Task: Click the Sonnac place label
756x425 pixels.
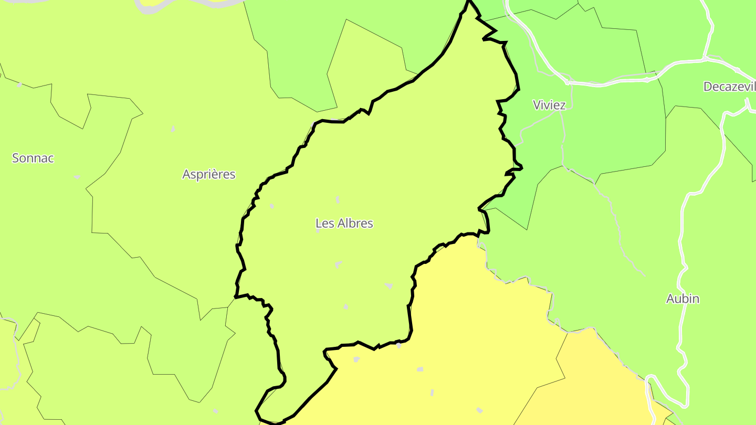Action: [33, 158]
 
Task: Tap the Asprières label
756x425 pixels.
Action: [209, 174]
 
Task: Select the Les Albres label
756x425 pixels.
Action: [344, 224]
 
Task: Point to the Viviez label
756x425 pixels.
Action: [549, 105]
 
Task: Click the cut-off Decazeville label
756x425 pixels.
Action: [729, 87]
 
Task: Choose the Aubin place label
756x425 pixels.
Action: [682, 299]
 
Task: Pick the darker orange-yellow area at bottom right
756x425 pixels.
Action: [604, 378]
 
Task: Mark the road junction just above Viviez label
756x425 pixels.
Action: [567, 82]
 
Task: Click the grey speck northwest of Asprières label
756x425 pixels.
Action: [173, 129]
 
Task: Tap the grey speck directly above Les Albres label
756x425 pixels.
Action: [337, 199]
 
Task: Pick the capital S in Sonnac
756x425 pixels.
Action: [16, 158]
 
